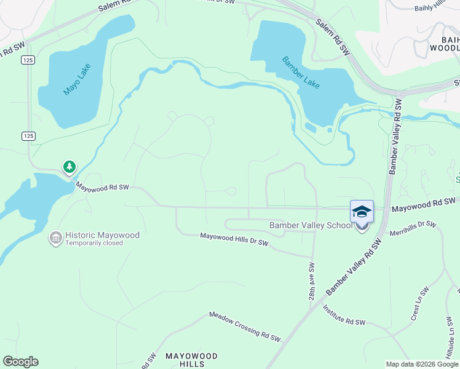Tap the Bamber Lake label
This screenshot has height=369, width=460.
click(301, 72)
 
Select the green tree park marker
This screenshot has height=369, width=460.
click(69, 167)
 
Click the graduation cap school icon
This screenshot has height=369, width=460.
click(362, 212)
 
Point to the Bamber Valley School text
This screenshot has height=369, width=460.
click(311, 226)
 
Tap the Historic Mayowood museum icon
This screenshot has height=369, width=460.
click(56, 237)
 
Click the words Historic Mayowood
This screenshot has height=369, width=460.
click(103, 236)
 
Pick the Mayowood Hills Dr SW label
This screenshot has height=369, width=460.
click(234, 239)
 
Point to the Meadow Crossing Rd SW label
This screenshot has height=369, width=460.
click(244, 327)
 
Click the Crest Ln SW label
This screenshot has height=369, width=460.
click(419, 304)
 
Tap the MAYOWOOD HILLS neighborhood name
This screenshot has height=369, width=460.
click(191, 360)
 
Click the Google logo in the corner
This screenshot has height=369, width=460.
click(20, 362)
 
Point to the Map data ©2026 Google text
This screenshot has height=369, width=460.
click(422, 364)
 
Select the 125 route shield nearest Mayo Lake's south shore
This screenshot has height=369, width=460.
click(30, 135)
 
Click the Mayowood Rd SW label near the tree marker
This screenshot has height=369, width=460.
click(102, 186)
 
